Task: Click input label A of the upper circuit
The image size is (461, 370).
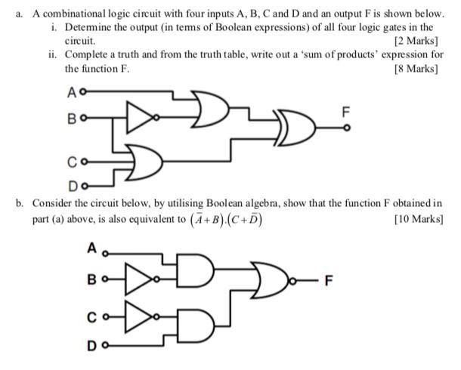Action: tap(72, 94)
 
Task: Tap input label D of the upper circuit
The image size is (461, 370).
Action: tap(72, 184)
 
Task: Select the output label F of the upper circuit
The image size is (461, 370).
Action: tap(346, 112)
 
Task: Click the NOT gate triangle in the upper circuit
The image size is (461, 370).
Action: tap(139, 117)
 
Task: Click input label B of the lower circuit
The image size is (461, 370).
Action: tap(91, 278)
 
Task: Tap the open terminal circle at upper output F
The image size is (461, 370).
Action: tap(346, 128)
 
